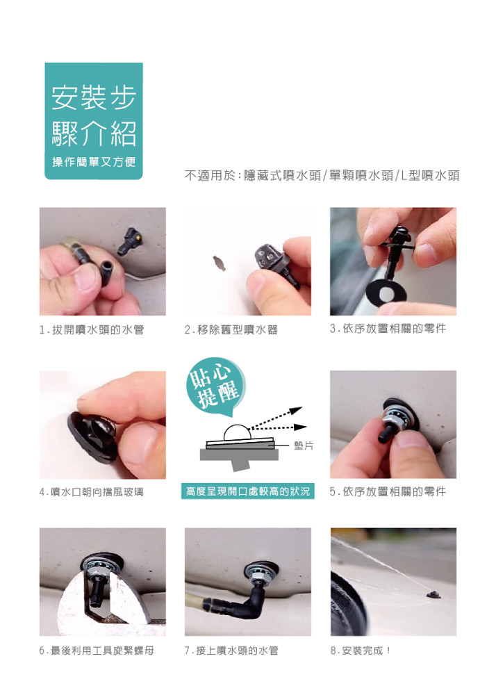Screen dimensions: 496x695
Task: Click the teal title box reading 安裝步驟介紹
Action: [x=94, y=120]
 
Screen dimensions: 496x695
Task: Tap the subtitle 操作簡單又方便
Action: [x=94, y=162]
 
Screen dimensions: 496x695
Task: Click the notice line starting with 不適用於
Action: [x=322, y=176]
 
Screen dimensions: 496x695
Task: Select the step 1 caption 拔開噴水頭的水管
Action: [x=92, y=329]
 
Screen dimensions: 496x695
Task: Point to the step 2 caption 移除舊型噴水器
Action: [x=231, y=329]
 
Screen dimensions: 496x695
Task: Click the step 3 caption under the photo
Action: [x=388, y=329]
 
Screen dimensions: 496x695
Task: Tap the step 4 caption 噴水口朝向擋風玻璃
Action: [x=91, y=492]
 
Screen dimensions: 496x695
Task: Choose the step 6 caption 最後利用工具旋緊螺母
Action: [x=97, y=651]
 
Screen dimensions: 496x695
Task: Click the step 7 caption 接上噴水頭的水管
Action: [x=231, y=651]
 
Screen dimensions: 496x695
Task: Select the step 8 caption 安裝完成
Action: [x=361, y=651]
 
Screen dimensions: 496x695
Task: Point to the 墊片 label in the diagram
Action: [x=304, y=445]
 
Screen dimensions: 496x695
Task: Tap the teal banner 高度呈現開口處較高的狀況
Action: [x=247, y=491]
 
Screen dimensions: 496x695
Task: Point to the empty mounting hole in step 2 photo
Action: [x=220, y=263]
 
